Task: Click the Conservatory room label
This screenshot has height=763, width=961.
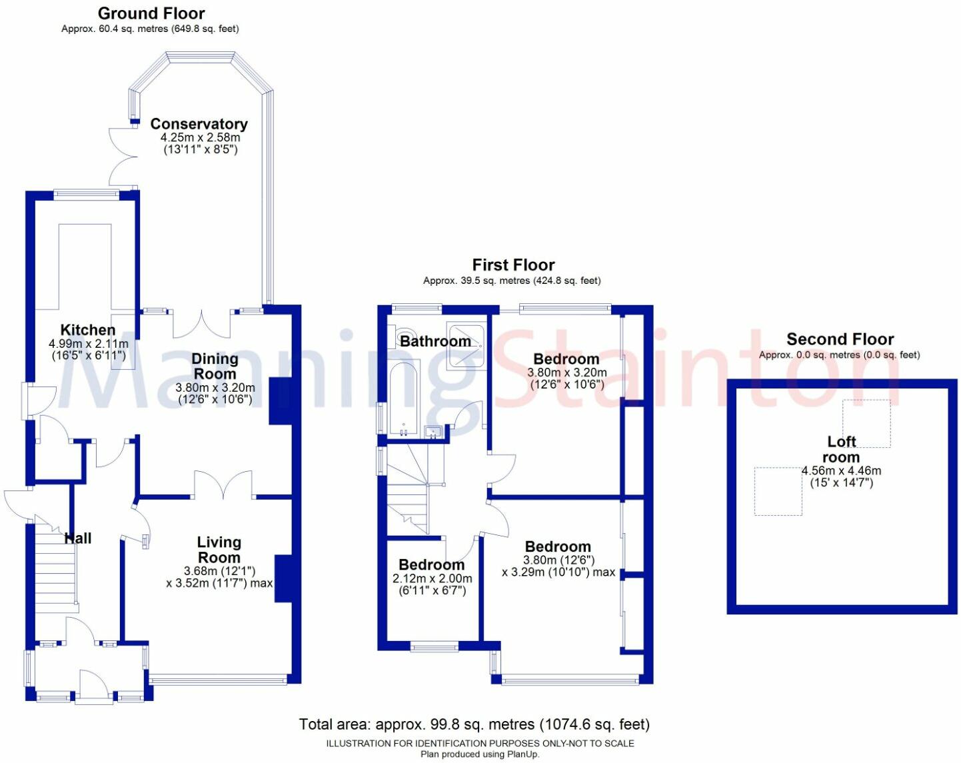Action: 199,124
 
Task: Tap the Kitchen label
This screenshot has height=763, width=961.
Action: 88,330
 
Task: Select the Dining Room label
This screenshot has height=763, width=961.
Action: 215,367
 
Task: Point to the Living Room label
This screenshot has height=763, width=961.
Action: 219,550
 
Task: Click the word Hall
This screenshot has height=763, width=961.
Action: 78,538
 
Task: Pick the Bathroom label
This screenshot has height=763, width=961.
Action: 435,341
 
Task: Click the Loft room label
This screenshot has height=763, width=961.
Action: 841,450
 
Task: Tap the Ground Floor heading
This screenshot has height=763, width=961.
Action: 151,13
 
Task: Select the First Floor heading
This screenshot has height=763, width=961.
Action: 513,265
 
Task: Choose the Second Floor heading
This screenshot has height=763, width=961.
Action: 840,339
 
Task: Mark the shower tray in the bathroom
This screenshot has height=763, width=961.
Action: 467,345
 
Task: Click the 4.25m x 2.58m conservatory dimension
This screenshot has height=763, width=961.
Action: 200,137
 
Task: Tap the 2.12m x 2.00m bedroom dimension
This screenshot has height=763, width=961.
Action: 432,578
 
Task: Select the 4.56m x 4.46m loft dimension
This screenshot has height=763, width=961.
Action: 841,470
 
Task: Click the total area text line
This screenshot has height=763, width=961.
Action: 474,724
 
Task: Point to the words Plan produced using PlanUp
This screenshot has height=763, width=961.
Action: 480,754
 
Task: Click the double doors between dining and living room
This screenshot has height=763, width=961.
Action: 223,484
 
